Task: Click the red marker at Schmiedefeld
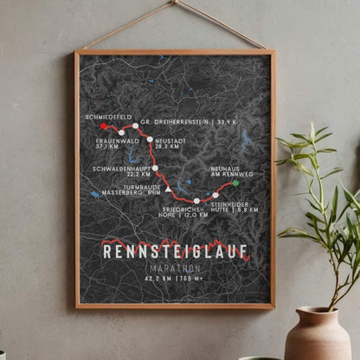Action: tap(104, 126)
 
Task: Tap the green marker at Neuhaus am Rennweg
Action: tap(235, 183)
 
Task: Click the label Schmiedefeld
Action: tap(107, 116)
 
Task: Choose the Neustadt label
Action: tap(170, 143)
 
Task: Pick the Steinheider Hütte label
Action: tap(236, 205)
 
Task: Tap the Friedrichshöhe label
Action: tap(184, 211)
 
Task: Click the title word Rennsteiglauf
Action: tap(176, 252)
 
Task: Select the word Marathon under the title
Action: tap(176, 268)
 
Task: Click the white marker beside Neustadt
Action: tap(150, 138)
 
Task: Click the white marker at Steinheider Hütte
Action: tap(215, 195)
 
